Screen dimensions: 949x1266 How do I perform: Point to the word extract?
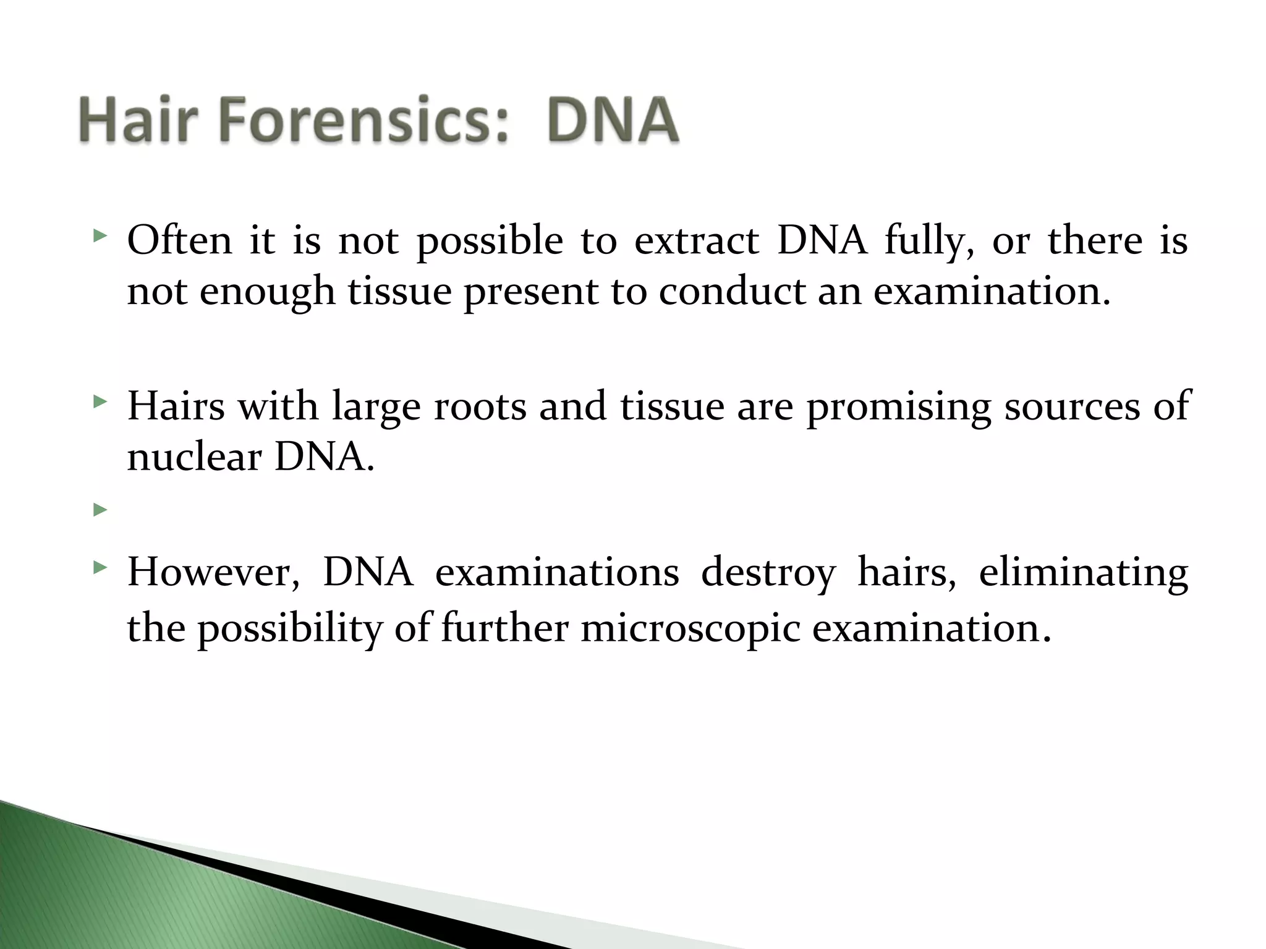[x=697, y=241]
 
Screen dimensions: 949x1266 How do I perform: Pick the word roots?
[x=480, y=407]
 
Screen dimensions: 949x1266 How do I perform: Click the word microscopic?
[x=690, y=630]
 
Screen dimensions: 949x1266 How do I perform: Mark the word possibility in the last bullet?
[x=290, y=630]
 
